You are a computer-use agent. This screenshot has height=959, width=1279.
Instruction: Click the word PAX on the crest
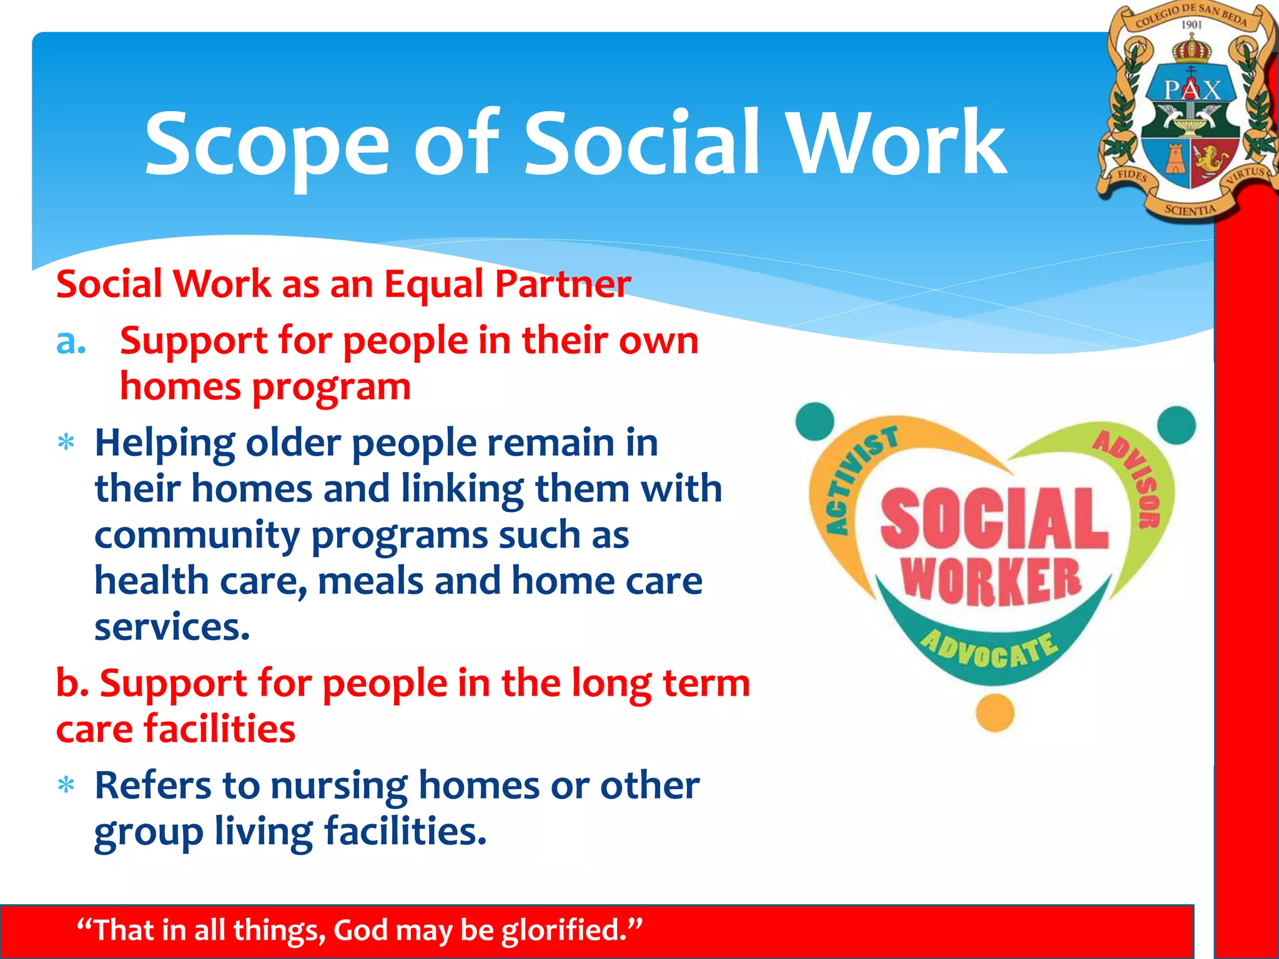coord(1192,91)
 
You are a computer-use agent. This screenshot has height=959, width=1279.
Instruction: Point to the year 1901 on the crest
coord(1191,25)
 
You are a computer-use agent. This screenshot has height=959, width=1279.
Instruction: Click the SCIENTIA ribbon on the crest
coord(1190,210)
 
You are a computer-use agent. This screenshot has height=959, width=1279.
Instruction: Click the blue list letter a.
coord(71,342)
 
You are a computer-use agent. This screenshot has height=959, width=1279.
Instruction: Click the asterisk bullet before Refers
coord(66,785)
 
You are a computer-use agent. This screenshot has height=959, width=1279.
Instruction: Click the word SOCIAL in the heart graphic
coord(994,518)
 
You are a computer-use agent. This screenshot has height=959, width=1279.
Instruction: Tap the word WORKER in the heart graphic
coord(991,581)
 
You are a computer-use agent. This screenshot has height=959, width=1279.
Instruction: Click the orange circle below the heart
coord(994,712)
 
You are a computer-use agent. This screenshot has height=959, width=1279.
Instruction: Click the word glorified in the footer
coord(571,930)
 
